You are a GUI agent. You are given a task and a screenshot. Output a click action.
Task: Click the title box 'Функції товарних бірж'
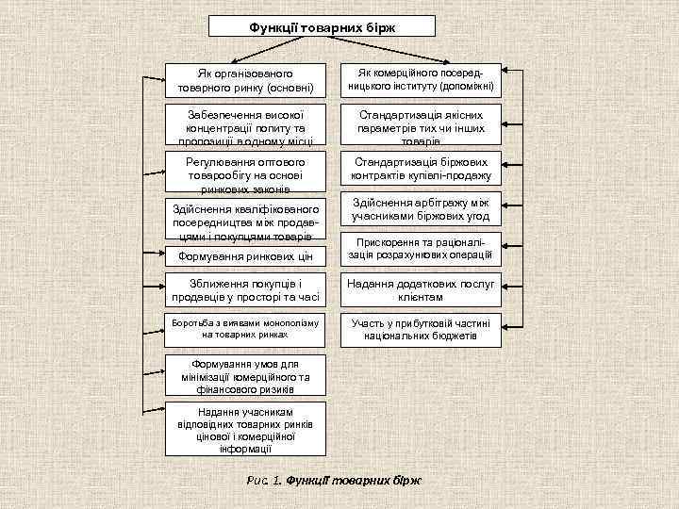(x=323, y=26)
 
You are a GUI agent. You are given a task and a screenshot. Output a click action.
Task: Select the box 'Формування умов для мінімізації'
(x=245, y=376)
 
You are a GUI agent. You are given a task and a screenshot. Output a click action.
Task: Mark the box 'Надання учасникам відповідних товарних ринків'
(x=245, y=430)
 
